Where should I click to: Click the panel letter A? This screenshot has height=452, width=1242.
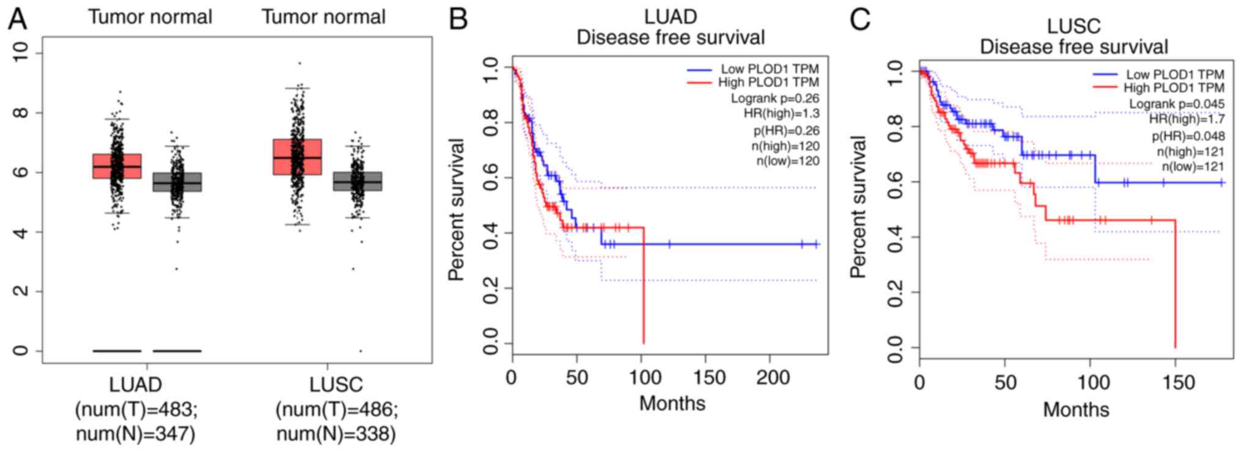click(17, 19)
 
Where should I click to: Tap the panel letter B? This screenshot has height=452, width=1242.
click(458, 19)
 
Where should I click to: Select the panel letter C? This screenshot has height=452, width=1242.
click(859, 19)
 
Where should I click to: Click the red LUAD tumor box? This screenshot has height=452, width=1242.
click(117, 166)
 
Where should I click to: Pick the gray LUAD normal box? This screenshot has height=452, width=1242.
click(177, 182)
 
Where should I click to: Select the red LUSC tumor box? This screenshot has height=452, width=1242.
click(297, 157)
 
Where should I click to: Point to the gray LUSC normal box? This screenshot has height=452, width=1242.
click(358, 182)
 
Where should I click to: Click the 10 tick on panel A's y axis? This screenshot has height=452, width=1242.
click(21, 53)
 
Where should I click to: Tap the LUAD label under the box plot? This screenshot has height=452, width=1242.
click(135, 385)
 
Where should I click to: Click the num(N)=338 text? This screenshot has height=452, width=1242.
click(336, 434)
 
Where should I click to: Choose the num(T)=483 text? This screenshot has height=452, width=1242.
click(136, 409)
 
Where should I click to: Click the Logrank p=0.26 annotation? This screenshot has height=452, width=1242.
click(774, 98)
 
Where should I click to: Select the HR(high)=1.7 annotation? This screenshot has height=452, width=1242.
click(1186, 120)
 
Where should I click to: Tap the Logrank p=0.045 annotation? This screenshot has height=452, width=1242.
click(1176, 104)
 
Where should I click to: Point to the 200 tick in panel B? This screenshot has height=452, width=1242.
click(773, 377)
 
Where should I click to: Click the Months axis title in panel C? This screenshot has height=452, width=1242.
click(1075, 409)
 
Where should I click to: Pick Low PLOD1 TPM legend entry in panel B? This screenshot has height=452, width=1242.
click(769, 69)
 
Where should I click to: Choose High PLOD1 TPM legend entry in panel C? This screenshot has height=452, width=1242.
click(1174, 88)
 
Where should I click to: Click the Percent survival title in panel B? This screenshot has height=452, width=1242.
click(457, 209)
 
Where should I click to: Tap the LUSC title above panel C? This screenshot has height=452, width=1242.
click(1073, 26)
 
